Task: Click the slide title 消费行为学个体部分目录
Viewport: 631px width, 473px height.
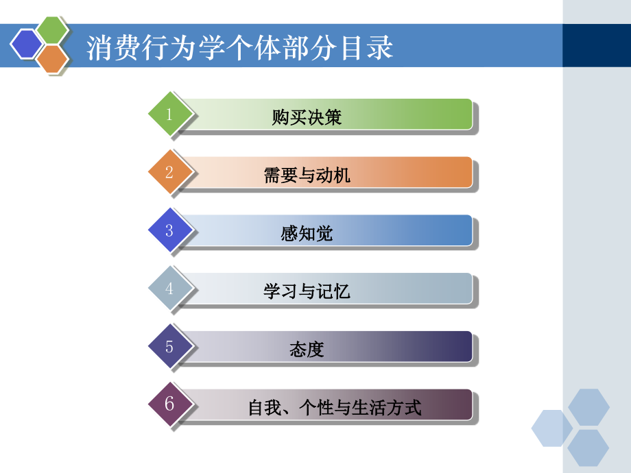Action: (x=240, y=49)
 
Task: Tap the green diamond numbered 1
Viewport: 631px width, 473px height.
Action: (x=169, y=114)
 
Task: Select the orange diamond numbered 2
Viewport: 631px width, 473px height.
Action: (x=169, y=172)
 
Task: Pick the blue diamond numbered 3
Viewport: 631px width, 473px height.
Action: (x=169, y=230)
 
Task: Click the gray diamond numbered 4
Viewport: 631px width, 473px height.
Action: (x=169, y=289)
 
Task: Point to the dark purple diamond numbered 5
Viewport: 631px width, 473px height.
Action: (x=169, y=346)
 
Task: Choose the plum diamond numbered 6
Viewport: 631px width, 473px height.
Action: (x=169, y=404)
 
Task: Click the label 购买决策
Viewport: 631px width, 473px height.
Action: (x=307, y=118)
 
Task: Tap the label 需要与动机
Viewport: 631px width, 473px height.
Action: (x=307, y=175)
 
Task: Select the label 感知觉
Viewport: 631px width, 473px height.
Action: (x=307, y=234)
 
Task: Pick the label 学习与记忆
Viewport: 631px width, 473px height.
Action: (x=307, y=292)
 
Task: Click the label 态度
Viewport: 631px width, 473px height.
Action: (x=307, y=350)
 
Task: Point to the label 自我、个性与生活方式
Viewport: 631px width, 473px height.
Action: (x=335, y=409)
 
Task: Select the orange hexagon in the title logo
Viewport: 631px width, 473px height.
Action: (x=52, y=59)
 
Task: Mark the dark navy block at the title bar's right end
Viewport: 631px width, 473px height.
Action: (x=596, y=45)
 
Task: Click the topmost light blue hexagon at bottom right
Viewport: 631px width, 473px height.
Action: (x=588, y=407)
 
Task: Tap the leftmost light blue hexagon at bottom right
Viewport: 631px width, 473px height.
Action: (x=552, y=428)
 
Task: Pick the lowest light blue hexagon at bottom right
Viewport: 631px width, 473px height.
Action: (x=588, y=448)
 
